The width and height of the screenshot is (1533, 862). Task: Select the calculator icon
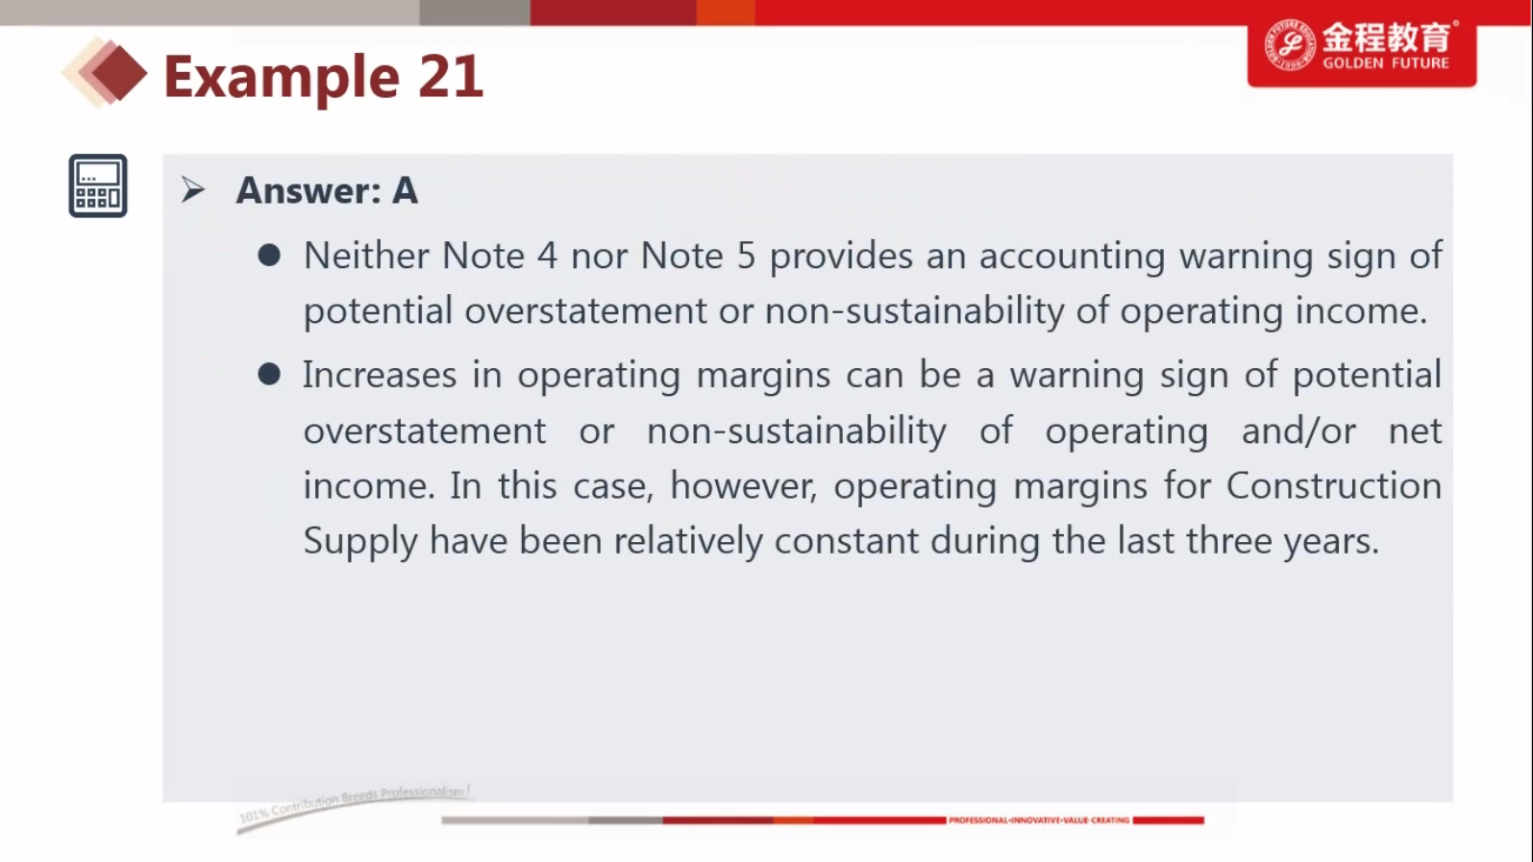click(98, 185)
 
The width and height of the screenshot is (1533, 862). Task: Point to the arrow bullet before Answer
click(193, 189)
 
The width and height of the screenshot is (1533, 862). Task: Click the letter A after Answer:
click(405, 191)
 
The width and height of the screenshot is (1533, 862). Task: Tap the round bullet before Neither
click(269, 256)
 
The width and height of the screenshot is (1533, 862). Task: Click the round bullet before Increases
click(269, 374)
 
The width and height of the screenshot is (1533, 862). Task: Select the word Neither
click(365, 256)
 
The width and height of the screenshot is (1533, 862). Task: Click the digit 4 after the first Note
click(547, 256)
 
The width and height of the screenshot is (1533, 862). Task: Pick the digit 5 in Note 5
click(746, 256)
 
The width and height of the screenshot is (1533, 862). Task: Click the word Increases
click(380, 375)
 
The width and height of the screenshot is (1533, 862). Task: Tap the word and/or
click(1298, 431)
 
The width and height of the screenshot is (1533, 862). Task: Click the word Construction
click(1333, 486)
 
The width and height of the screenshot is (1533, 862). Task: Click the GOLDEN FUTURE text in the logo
click(1386, 62)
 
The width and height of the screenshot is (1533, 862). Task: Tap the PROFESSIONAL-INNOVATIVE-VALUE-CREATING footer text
click(1039, 821)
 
